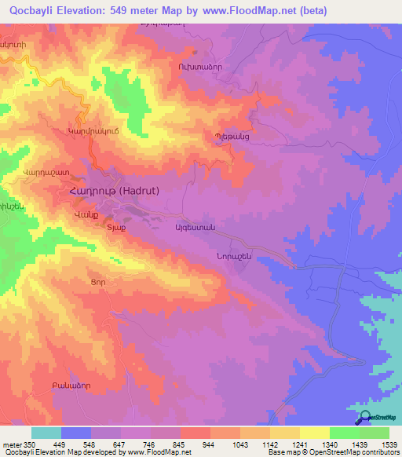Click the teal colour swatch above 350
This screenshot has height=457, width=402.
click(46, 433)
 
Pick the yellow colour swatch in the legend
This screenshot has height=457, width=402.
click(314, 433)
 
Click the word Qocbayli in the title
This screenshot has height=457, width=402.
click(32, 11)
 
